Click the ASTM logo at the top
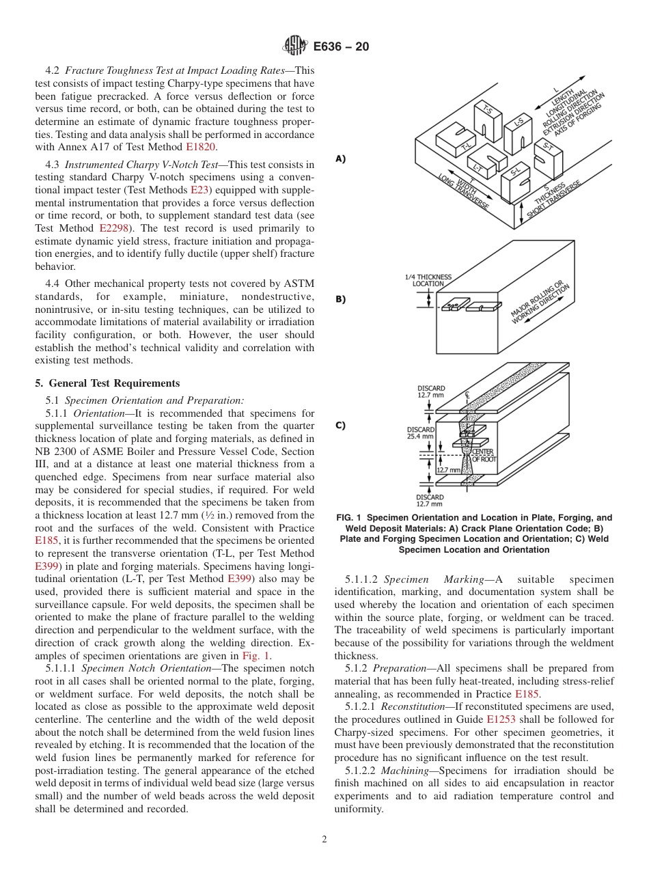pos(296,46)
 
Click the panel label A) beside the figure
pos(340,158)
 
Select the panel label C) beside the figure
pos(340,425)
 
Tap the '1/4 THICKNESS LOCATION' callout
pos(428,280)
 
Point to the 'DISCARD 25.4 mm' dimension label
pos(420,433)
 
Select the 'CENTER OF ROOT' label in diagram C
pos(484,455)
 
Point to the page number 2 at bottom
pos(324,840)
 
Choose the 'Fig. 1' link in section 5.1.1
pos(257,655)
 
